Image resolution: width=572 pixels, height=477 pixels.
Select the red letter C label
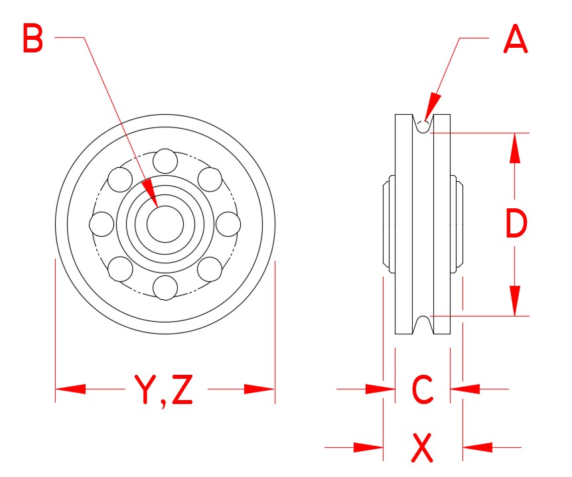pyautogui.click(x=423, y=389)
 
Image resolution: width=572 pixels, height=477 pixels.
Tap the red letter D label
pyautogui.click(x=516, y=224)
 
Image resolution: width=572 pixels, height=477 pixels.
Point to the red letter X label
pyautogui.click(x=423, y=448)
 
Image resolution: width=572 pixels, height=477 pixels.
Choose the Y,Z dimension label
pyautogui.click(x=164, y=389)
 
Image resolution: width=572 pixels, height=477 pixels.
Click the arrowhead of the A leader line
pyautogui.click(x=429, y=109)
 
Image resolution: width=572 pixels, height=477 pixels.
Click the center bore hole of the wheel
pyautogui.click(x=165, y=224)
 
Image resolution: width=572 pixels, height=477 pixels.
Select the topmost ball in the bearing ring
pyautogui.click(x=165, y=161)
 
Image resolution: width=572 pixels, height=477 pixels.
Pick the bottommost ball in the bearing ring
pyautogui.click(x=165, y=287)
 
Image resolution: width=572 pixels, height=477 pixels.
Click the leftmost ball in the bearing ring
pyautogui.click(x=102, y=224)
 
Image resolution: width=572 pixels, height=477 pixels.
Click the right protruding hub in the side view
pyautogui.click(x=457, y=224)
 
